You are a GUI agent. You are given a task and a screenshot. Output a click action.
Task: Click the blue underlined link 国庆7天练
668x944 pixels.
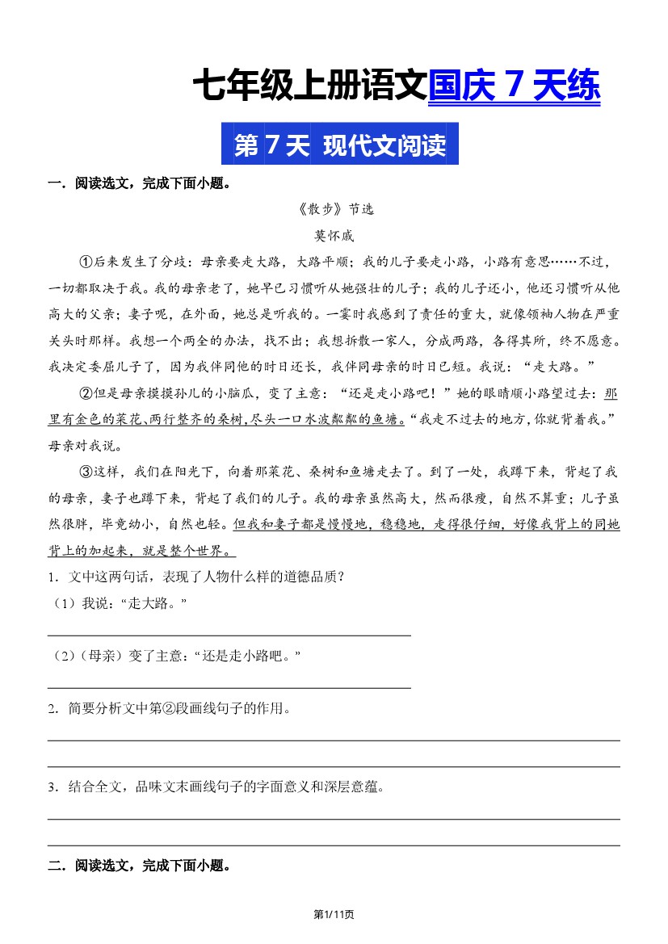(x=514, y=86)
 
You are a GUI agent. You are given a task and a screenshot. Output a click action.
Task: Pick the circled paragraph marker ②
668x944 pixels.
(x=86, y=394)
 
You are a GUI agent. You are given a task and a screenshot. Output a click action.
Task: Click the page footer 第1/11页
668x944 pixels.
(x=334, y=914)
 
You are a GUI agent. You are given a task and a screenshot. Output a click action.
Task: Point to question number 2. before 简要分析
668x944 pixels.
(x=53, y=709)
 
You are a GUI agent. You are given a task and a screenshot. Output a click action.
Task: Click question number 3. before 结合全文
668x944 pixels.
(x=53, y=787)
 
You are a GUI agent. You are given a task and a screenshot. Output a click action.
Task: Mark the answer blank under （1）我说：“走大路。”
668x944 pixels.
(x=229, y=635)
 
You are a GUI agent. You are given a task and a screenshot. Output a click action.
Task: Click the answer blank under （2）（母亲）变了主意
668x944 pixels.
(x=229, y=687)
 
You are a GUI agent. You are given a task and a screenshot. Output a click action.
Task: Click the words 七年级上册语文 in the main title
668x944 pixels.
(x=309, y=86)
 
